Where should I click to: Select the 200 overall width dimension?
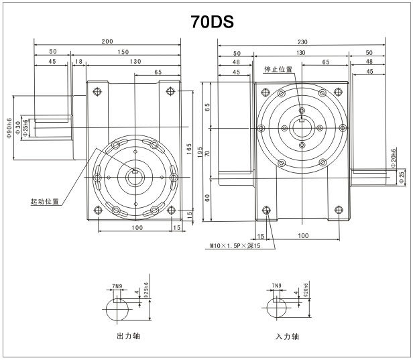[107, 42]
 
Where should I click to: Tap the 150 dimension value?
[123, 51]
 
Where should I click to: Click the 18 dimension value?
[79, 61]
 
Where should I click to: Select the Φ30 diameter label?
[18, 127]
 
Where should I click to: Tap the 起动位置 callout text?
[44, 200]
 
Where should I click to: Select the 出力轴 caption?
[128, 335]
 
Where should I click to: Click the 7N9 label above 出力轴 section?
[119, 286]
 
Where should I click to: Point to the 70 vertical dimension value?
[208, 154]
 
